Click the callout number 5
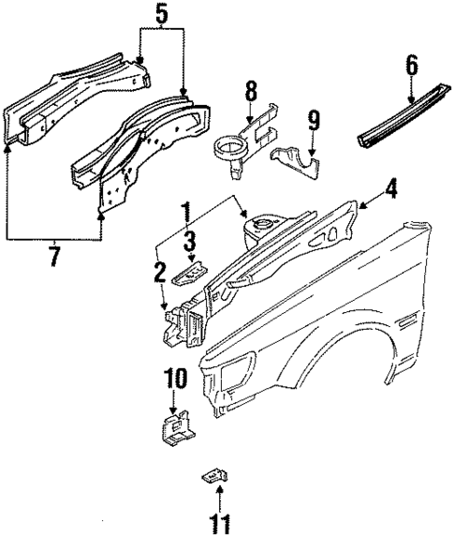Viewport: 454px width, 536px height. [161, 15]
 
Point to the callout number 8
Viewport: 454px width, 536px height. [251, 92]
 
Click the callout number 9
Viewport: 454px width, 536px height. [313, 119]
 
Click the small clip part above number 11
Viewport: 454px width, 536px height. [214, 479]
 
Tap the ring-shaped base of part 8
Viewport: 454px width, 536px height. [228, 148]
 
